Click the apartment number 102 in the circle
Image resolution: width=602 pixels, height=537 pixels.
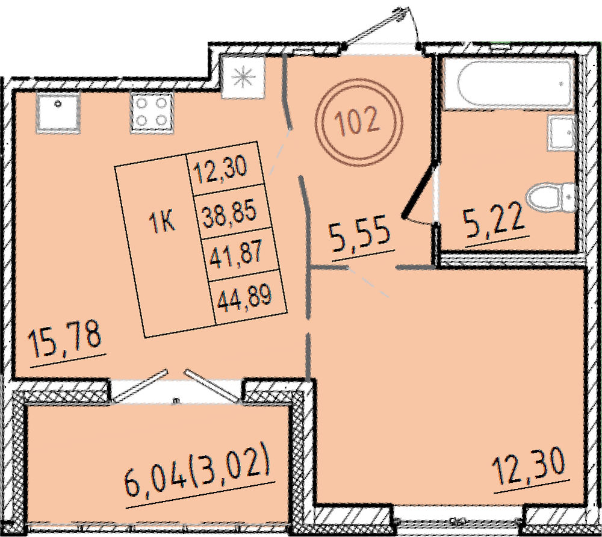click(x=357, y=122)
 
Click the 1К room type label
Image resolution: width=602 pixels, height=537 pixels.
click(x=162, y=223)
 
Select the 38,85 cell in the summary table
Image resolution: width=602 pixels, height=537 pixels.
click(x=229, y=213)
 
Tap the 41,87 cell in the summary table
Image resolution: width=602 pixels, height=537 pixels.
click(x=236, y=253)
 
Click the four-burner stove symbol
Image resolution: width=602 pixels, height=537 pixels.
click(x=152, y=112)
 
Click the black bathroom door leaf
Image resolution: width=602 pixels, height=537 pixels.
click(x=420, y=190)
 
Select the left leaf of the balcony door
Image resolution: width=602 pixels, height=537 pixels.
click(x=140, y=385)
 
